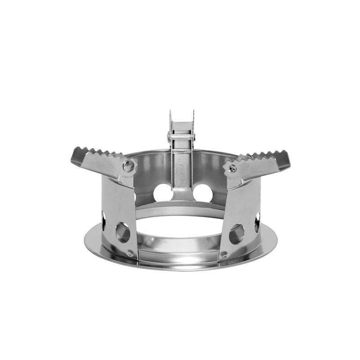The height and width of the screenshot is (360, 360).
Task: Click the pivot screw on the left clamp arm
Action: (x=129, y=165)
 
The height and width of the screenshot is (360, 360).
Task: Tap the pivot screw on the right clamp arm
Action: (x=232, y=168)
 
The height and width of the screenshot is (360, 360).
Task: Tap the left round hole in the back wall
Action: (x=162, y=193)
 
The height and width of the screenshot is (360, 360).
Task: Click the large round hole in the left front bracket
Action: (x=123, y=232)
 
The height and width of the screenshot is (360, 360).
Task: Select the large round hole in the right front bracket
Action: (x=237, y=234)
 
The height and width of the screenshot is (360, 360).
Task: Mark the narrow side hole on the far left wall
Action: (x=103, y=220)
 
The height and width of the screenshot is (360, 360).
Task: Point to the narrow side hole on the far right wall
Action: (x=257, y=222)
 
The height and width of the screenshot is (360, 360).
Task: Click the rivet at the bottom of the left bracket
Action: (x=130, y=253)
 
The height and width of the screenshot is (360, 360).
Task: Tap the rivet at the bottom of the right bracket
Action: (x=224, y=254)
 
